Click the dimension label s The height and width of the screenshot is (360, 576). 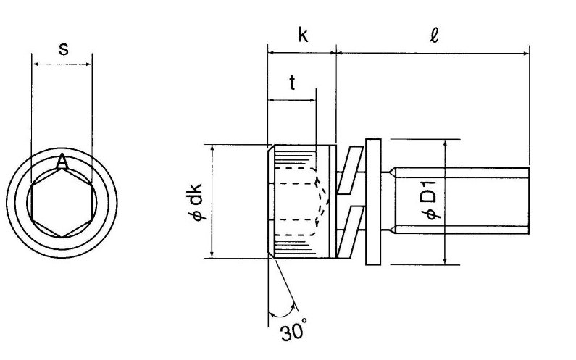(x=64, y=49)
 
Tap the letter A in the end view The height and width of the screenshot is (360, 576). (x=62, y=162)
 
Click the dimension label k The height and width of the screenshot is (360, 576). (x=302, y=35)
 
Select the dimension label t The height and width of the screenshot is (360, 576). (x=292, y=83)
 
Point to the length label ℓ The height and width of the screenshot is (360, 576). (x=434, y=35)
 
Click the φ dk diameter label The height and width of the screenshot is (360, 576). (x=198, y=201)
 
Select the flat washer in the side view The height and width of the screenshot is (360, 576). (x=373, y=201)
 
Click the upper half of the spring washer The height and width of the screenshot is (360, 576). (x=350, y=170)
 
